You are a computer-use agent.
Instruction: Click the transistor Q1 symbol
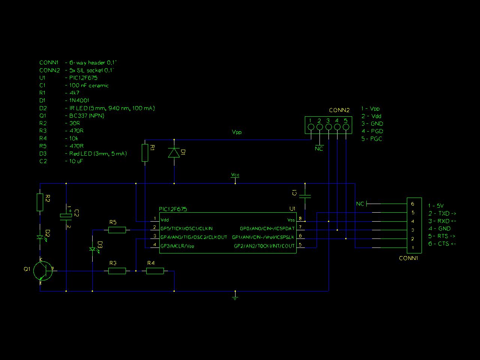43,271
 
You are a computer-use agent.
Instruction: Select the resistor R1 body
145,153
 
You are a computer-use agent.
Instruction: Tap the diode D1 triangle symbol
174,153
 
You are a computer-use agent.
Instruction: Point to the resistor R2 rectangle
40,202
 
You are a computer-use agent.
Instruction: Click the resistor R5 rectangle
117,230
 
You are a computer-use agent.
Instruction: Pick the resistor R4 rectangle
155,271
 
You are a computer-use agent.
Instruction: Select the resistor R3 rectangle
117,271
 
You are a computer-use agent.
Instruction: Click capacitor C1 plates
305,196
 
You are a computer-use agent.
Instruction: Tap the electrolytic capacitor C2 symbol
66,217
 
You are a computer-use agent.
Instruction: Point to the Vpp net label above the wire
237,132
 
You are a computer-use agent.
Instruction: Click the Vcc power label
235,175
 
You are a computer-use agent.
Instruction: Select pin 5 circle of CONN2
346,127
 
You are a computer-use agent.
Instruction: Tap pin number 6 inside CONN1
412,204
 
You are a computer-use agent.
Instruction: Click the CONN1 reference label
408,258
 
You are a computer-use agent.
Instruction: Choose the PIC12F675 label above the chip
173,209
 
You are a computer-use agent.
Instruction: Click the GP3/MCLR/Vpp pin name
177,246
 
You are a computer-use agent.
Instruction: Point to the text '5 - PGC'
372,139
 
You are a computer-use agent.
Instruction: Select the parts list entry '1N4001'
79,100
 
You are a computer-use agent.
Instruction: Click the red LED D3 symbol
93,249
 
